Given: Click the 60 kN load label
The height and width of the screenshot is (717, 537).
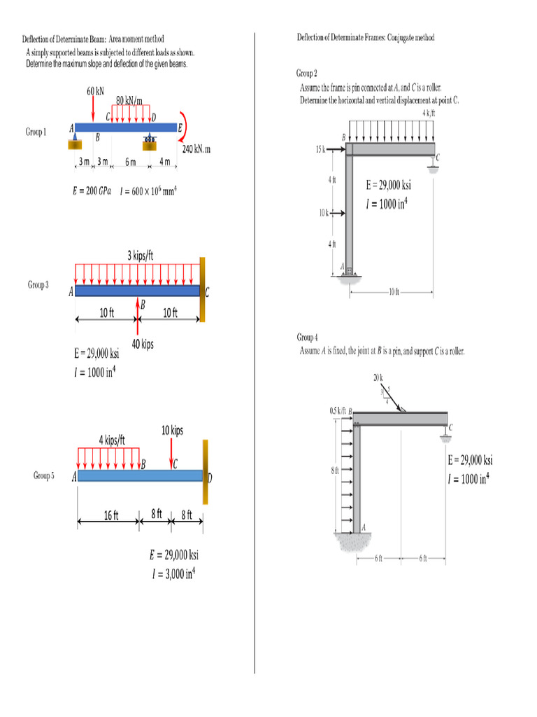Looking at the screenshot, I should (95, 91).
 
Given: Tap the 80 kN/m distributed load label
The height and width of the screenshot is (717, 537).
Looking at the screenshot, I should (129, 101).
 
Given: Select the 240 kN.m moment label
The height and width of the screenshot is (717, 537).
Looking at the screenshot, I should (196, 149).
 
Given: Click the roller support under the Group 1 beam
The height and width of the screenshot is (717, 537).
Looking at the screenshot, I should (150, 142).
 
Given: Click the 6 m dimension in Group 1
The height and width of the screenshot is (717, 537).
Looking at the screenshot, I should (130, 162).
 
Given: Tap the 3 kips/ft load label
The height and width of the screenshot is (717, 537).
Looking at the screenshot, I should (140, 256).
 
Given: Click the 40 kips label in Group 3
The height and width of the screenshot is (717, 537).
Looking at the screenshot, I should (143, 344).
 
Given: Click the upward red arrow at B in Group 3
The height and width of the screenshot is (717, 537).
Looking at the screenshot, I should (138, 316).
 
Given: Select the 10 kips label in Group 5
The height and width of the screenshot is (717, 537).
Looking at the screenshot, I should (172, 431).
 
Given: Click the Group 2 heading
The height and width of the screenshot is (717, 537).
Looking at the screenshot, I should (307, 73).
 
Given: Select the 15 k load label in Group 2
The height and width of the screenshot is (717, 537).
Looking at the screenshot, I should (320, 148).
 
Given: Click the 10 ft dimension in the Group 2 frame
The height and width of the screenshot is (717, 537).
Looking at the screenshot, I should (393, 291).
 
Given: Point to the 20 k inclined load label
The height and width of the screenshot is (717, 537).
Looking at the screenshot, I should (378, 379).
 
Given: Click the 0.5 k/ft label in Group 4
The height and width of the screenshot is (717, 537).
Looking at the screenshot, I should (338, 410).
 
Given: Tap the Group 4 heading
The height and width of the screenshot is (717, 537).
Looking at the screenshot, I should (307, 337).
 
